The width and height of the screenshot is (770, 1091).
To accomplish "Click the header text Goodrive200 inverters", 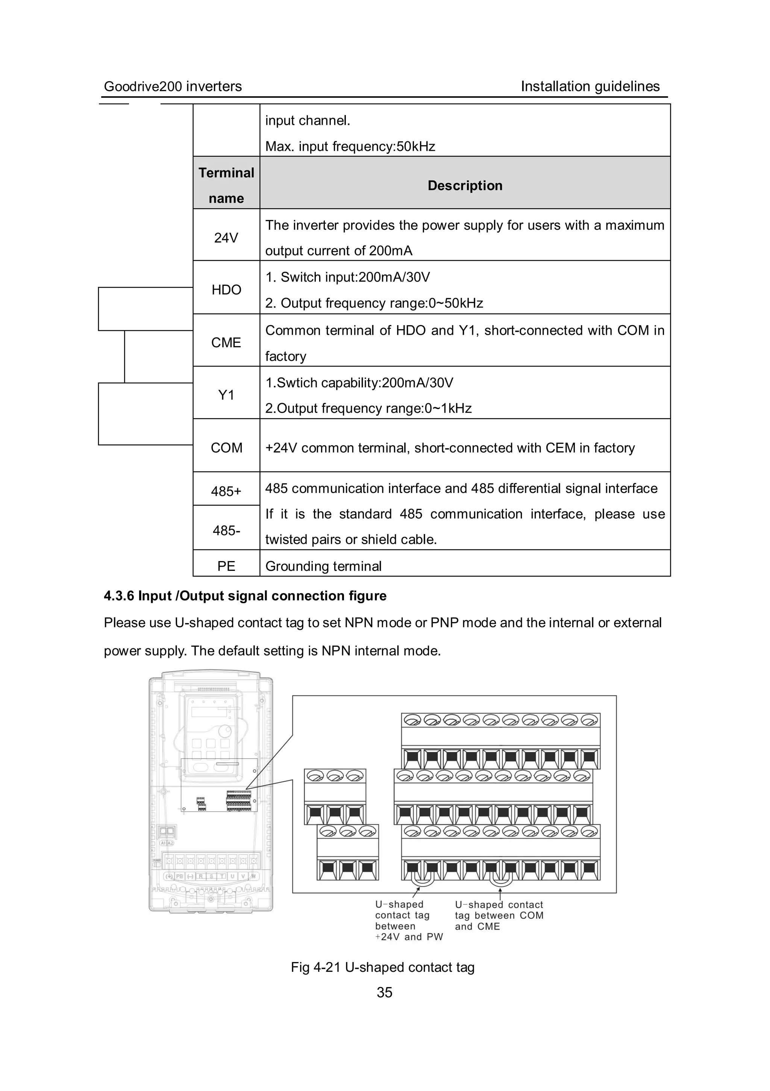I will tap(173, 86).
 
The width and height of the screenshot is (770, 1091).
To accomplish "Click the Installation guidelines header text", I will tap(590, 86).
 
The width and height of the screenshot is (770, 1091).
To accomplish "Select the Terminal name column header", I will tap(226, 185).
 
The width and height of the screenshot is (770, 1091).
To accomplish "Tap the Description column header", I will tap(465, 185).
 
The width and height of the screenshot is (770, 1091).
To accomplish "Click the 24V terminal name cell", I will tap(226, 238).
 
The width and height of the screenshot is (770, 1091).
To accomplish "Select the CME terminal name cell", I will tap(226, 342).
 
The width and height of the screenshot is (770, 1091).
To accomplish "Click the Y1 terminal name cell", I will tap(226, 395).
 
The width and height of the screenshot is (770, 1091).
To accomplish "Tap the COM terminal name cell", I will tap(226, 448).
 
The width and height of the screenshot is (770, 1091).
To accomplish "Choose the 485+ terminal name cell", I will tap(226, 491).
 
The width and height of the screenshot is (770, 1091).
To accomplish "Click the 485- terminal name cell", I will tap(226, 530).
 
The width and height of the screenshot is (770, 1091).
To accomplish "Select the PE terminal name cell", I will tap(226, 566).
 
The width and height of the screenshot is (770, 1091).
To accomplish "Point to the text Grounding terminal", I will tap(323, 566).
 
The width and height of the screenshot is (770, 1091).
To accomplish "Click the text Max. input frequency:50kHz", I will tap(350, 146).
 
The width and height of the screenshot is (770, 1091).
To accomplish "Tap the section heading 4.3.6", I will tap(245, 596).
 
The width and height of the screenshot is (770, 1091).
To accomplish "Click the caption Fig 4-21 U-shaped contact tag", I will tap(382, 967).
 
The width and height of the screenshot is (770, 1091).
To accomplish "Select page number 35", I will tap(384, 992).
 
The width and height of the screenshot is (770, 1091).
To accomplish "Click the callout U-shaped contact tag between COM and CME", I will tap(499, 915).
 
